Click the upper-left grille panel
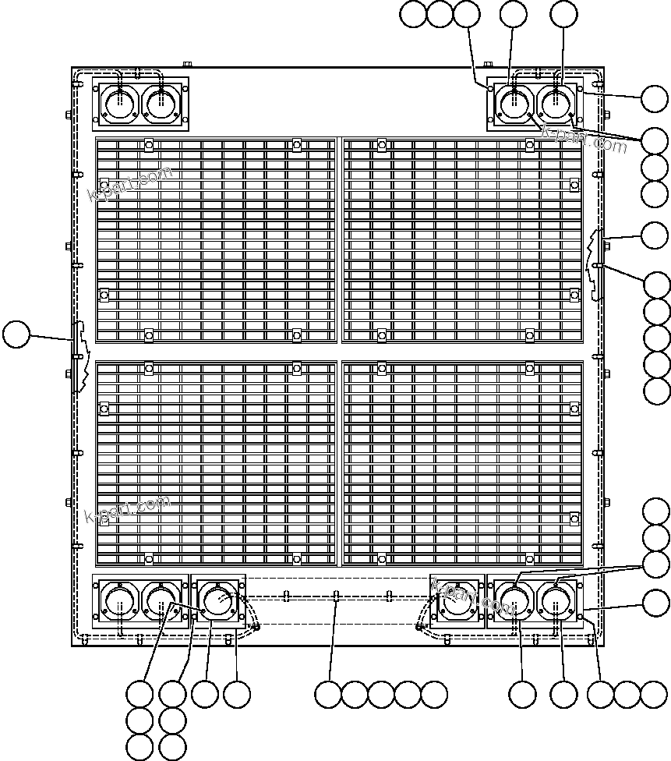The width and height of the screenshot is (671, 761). [216, 240]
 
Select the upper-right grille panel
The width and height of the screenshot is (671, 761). [463, 240]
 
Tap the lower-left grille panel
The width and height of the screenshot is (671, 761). [216, 462]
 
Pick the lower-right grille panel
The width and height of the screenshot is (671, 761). [463, 462]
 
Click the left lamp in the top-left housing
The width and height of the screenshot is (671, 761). [120, 104]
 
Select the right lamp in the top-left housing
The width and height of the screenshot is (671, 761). [161, 104]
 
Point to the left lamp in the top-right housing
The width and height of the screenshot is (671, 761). [515, 104]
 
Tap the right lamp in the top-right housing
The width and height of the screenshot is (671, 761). [556, 104]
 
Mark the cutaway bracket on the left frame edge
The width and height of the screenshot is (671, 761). [77, 355]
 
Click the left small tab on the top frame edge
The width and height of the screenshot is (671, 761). [187, 65]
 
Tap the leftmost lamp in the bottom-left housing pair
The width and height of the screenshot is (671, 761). [120, 603]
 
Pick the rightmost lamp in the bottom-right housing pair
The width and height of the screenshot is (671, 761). [556, 603]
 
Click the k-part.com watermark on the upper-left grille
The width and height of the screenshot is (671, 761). [130, 185]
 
